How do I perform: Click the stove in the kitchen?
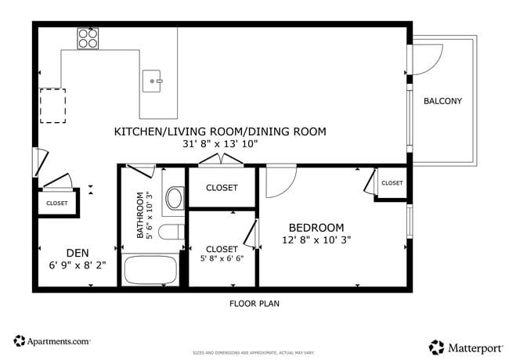point(88,38)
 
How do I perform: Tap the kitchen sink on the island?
point(152,80)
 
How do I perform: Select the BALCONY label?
point(442,101)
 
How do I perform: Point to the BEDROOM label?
point(316,228)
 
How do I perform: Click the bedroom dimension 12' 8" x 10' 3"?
point(316,240)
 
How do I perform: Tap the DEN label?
point(77,252)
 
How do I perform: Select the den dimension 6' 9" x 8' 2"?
point(77,265)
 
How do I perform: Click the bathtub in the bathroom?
point(151,269)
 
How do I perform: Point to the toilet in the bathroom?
point(170,232)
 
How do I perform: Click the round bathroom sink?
point(174,198)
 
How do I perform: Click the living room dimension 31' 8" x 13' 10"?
point(220,144)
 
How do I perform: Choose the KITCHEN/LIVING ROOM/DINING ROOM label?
point(220,131)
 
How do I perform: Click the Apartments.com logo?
point(52,341)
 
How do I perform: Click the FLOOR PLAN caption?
point(254,304)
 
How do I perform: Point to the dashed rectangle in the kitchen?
point(53,106)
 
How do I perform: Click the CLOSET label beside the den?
point(56,203)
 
